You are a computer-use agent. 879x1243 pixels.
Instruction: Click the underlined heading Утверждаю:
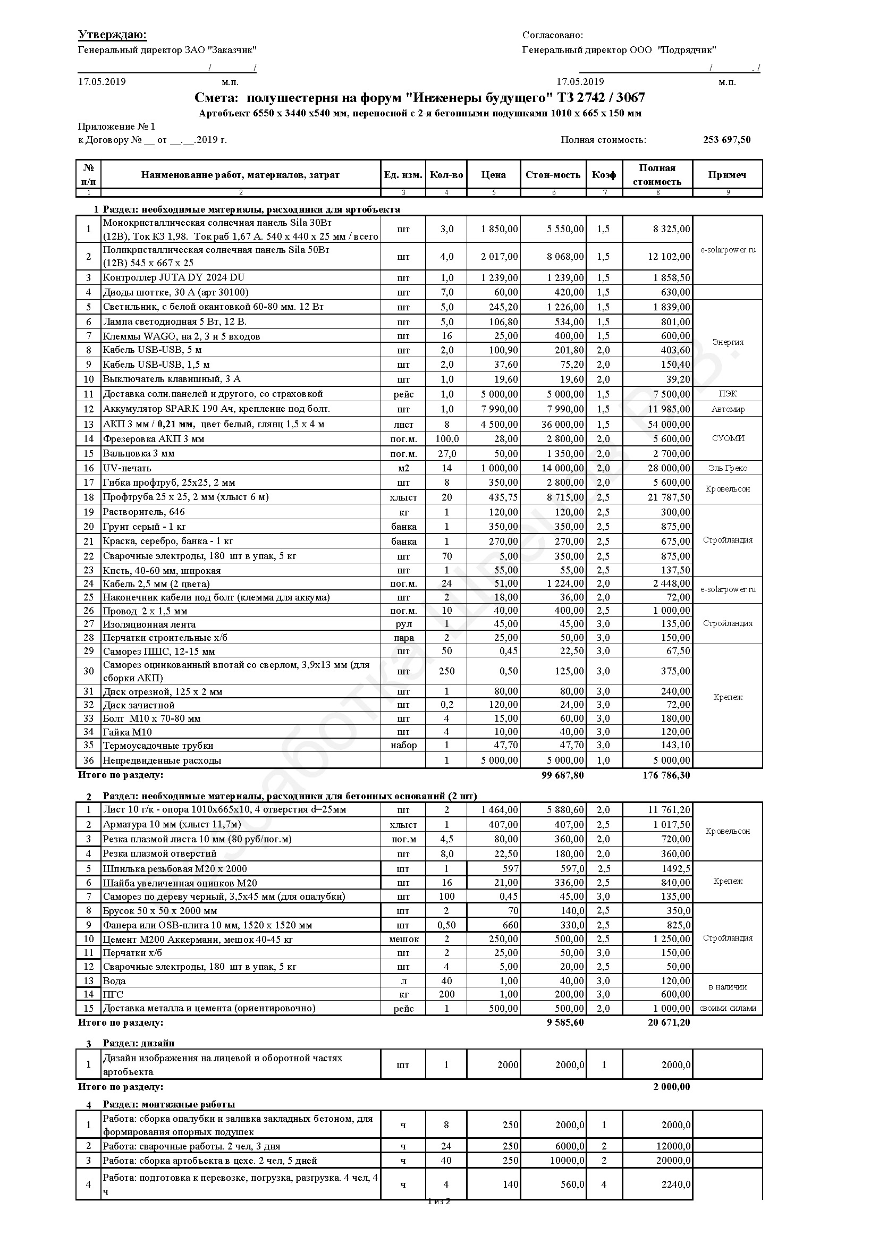[x=112, y=35]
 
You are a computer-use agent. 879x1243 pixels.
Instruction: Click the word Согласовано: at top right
[x=552, y=35]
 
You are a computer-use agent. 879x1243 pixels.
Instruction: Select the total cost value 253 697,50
[x=726, y=140]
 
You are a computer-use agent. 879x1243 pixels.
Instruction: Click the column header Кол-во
[x=446, y=175]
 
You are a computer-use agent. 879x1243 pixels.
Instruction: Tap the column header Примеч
[x=727, y=175]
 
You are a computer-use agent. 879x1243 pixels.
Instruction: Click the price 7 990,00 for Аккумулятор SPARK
[x=499, y=409]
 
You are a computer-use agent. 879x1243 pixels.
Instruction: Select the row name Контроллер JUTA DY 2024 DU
[x=174, y=278]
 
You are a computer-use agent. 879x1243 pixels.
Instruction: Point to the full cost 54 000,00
[x=669, y=425]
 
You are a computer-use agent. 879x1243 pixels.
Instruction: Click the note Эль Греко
[x=728, y=468]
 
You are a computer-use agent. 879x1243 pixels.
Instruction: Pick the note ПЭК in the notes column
[x=728, y=394]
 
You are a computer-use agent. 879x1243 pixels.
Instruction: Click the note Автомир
[x=728, y=409]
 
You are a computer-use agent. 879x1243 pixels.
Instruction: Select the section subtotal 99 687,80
[x=562, y=775]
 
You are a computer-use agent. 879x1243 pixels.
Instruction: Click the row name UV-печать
[x=127, y=468]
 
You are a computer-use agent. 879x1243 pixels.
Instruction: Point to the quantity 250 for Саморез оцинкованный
[x=446, y=671]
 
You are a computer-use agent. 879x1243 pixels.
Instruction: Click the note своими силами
[x=728, y=1008]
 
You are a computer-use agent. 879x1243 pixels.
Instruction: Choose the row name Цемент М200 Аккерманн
[x=198, y=939]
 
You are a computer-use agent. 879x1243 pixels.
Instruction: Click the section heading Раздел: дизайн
[x=139, y=1043]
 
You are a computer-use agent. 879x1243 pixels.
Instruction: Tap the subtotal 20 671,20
[x=669, y=1022]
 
